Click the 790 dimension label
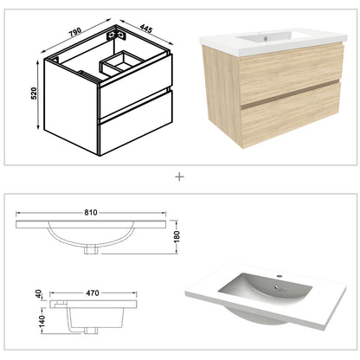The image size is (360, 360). (x=75, y=32)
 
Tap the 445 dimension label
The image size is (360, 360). (x=145, y=29)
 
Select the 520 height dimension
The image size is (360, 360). (x=34, y=93)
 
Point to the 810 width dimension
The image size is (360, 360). (x=91, y=213)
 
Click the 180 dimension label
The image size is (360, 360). (x=177, y=236)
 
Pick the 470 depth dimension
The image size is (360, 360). (x=93, y=293)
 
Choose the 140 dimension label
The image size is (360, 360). (x=42, y=321)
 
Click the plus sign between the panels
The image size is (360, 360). (x=179, y=177)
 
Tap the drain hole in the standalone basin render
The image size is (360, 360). (x=276, y=287)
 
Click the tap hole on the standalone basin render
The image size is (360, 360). (x=279, y=276)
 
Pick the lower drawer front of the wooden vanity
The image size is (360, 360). (x=292, y=114)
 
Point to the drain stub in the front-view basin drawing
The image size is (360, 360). (x=92, y=249)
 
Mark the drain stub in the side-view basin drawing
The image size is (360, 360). (x=91, y=331)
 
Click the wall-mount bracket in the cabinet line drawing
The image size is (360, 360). (x=117, y=35)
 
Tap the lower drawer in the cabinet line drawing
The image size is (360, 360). (x=136, y=124)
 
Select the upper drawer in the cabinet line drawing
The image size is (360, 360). (x=136, y=86)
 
